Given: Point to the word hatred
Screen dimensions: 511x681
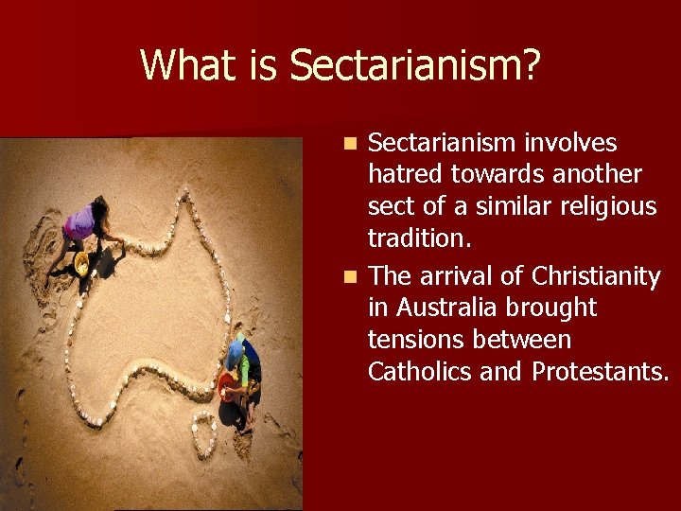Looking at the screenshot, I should coord(406,175).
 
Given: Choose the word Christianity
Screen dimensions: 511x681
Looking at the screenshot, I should coord(595,276).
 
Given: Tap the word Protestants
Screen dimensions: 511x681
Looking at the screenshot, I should coord(599,372).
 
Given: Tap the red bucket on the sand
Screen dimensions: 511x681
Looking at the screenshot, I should coord(227,383).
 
